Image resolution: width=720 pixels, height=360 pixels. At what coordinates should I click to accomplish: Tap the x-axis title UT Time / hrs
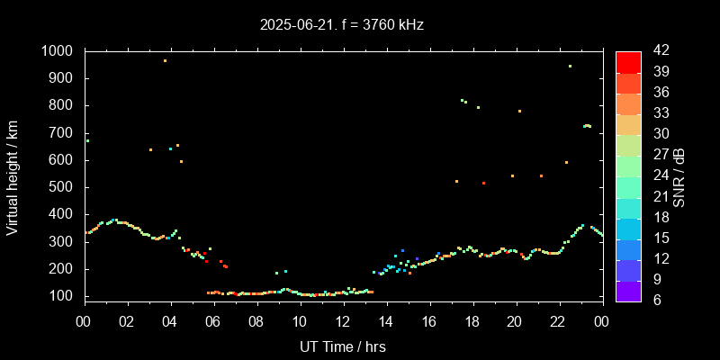coord(343,346)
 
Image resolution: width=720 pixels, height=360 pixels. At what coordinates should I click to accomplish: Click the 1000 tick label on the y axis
coord(59,51)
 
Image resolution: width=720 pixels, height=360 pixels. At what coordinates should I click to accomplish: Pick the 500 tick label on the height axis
coord(64,187)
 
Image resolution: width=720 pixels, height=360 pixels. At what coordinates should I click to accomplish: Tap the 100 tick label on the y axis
coord(64,296)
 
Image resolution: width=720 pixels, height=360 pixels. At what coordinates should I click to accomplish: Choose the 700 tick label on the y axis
coord(64,133)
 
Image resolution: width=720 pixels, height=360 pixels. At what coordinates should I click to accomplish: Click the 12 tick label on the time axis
coord(343,321)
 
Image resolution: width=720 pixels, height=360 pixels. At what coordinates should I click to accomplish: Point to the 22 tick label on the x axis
coord(559,321)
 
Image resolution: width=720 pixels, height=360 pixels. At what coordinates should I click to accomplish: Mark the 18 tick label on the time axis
coord(472,321)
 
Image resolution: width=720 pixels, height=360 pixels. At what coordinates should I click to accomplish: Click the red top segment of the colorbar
coord(628,61)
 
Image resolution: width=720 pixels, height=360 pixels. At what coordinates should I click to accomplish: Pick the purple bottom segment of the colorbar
coord(628,290)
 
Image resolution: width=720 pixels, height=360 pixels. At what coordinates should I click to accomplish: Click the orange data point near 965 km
coord(165,61)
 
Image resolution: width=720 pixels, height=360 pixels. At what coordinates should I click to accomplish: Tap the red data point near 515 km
coord(483,184)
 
